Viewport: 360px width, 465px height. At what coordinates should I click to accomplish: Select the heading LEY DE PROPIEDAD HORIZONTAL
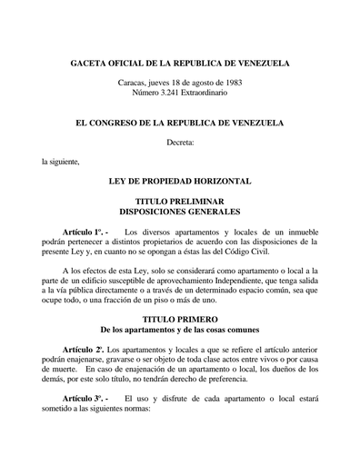(180, 182)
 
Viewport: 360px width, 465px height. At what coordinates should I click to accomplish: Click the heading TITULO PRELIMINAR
(180, 201)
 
